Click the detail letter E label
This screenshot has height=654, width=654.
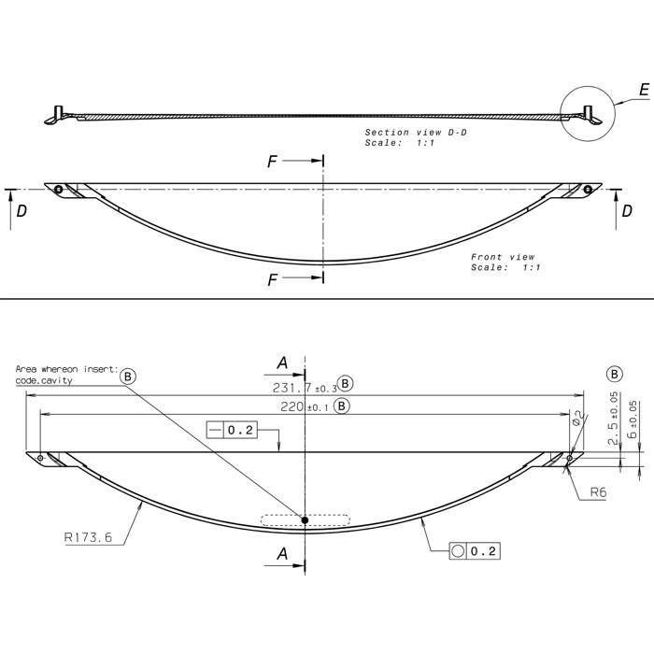coord(644,90)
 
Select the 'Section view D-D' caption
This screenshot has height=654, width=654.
coord(416,133)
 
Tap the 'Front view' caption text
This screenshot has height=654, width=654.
coord(503,257)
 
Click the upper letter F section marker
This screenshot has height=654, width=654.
coord(272,162)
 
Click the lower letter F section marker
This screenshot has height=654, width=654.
coord(272,279)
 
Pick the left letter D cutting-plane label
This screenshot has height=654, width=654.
coord(21,211)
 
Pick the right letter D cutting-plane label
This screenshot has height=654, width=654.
coord(627,211)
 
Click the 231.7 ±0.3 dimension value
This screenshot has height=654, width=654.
coord(305,389)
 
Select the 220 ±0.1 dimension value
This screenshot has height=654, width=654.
coord(305,406)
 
